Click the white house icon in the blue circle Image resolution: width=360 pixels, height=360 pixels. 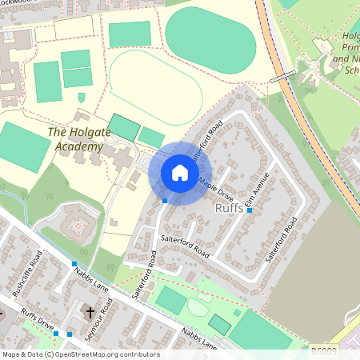coord(180,173)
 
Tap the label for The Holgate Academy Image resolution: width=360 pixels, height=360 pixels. coord(75,139)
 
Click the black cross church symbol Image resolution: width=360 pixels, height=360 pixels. coord(90,311)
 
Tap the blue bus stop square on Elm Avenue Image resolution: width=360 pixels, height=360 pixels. coord(250,210)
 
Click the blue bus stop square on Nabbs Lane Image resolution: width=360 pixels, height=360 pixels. coord(74,263)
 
